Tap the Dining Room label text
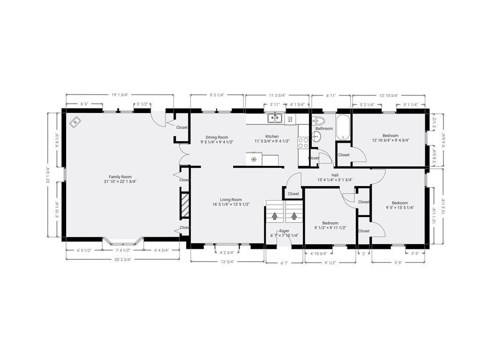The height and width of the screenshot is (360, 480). (217, 137)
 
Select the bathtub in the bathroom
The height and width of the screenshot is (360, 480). (343, 127)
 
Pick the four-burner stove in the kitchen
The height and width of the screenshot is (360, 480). (303, 142)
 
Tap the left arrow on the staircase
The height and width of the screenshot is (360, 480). (275, 216)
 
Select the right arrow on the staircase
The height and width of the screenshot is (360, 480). (294, 216)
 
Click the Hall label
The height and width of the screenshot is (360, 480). (335, 175)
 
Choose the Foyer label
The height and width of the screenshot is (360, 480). (284, 231)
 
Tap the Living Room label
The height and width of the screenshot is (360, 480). (231, 200)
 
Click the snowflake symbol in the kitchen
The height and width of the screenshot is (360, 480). (254, 160)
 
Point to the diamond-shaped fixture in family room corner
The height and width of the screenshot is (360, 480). (75, 123)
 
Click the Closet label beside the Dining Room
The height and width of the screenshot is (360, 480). (182, 127)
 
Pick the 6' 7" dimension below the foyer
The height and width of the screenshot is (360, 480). (284, 263)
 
